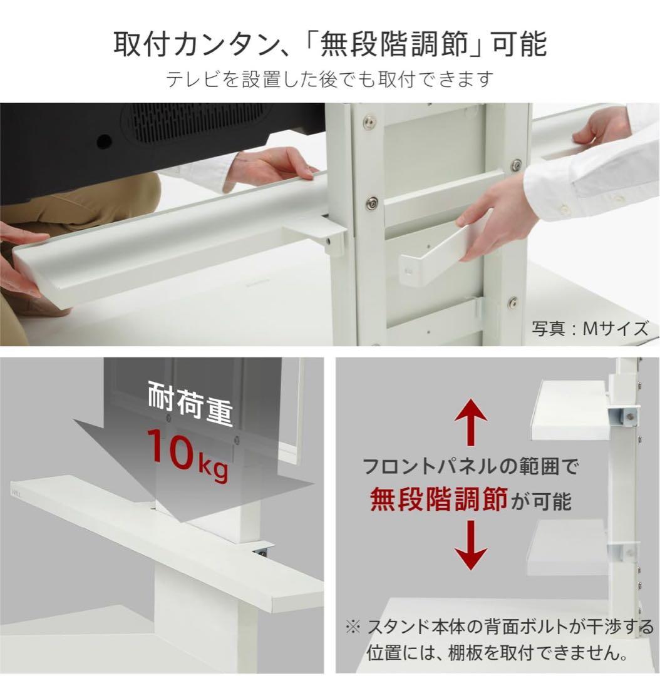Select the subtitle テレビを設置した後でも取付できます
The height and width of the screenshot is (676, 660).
(x=330, y=79)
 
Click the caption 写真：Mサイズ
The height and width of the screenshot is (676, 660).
(x=590, y=328)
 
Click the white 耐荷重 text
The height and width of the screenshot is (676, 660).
(x=190, y=404)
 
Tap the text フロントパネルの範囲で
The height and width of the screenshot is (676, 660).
(x=470, y=466)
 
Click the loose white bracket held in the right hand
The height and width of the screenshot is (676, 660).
(x=438, y=250)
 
